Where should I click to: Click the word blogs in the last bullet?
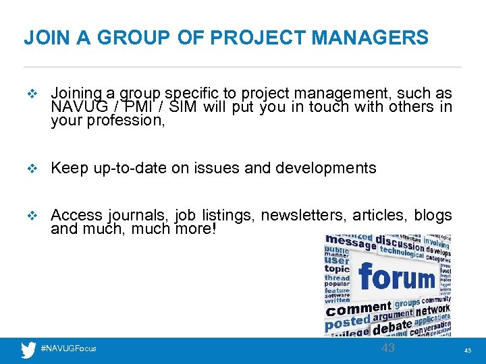[433, 215]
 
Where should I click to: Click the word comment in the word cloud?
[359, 309]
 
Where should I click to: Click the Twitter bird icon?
[28, 350]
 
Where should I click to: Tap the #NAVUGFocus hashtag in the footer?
[69, 348]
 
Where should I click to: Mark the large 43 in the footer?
[388, 348]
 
